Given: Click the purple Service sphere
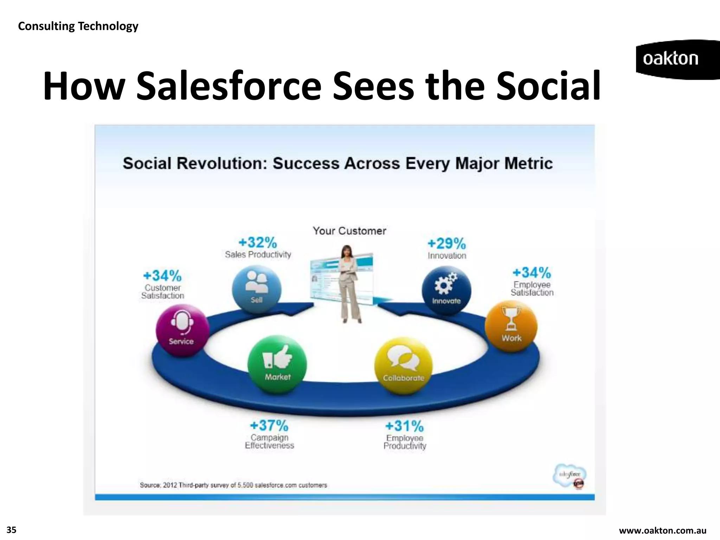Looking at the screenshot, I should [182, 330].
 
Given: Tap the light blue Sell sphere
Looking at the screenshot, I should [257, 289].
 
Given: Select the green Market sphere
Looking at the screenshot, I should [277, 364].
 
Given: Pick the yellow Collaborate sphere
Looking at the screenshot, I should [403, 366].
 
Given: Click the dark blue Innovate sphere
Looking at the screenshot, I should [446, 290].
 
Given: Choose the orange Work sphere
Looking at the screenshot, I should [511, 326].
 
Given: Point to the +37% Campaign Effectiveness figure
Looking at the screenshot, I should [269, 426].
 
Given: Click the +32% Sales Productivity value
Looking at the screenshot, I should [258, 243].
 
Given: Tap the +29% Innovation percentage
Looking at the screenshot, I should [446, 243].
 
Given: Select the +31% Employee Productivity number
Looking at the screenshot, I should [404, 426].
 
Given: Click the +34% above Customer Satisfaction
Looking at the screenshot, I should [162, 276].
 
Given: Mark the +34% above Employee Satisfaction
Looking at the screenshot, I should [532, 272].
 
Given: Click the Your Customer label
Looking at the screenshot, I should [349, 231].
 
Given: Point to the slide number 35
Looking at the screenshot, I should [12, 530].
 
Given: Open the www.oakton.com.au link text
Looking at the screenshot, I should [662, 531].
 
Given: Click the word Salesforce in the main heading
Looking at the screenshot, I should [229, 86].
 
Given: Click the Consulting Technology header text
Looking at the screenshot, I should [78, 26].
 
